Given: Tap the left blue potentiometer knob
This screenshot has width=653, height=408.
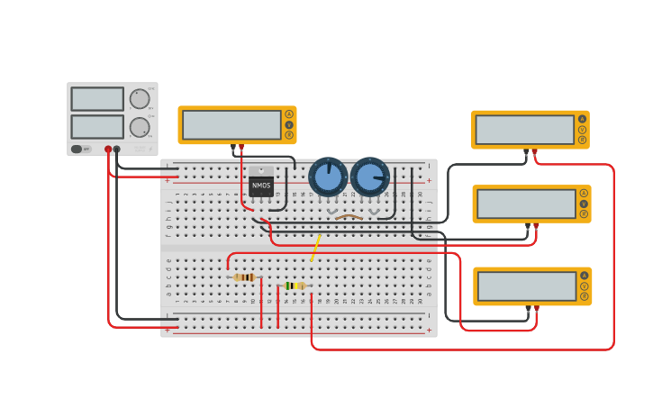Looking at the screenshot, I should coord(328,177).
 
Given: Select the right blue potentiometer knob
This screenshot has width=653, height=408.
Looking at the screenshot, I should coord(369,177).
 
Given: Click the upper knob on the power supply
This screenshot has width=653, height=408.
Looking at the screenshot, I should coord(139,98).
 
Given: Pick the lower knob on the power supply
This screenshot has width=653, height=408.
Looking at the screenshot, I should coord(139,127).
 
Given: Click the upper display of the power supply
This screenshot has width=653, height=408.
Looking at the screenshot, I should coord(97,98).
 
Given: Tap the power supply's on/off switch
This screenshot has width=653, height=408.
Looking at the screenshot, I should coord(80,149).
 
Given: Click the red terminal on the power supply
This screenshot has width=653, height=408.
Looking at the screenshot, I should coord(108,150).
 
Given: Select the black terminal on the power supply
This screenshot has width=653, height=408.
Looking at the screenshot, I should coord(117,150).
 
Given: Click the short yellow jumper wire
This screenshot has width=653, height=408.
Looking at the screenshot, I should coord(315,248).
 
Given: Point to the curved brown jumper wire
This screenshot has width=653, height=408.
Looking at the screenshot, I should coord(349,215).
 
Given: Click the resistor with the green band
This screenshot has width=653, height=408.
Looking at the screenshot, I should coord(295,286).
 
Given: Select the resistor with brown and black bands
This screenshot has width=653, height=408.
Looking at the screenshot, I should coord(244,277).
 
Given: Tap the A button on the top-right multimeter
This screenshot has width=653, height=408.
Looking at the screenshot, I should coord(582,119).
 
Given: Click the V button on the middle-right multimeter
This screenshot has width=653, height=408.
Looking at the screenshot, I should coord(584,204).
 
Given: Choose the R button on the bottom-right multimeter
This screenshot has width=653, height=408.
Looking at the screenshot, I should coord(585,296).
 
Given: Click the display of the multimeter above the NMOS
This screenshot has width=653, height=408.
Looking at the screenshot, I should coord(231,125).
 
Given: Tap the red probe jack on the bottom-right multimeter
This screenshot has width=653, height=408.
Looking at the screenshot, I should coord(537,308).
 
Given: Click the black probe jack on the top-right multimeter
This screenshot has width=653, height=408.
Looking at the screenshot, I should coord(526,150).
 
